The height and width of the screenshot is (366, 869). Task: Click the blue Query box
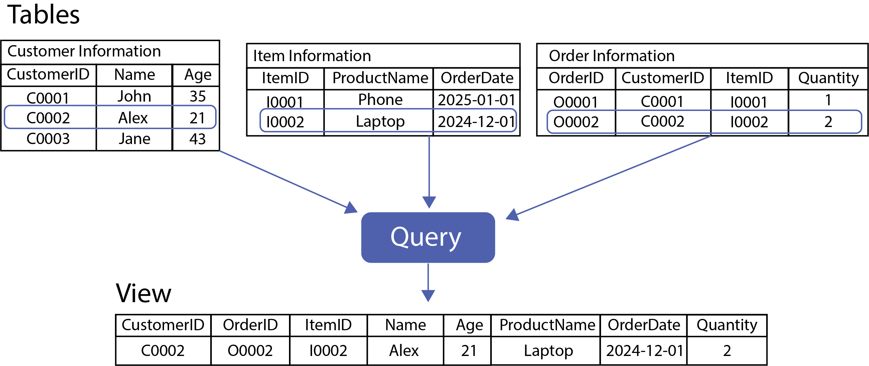click(x=428, y=237)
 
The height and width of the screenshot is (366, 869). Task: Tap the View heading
click(x=143, y=293)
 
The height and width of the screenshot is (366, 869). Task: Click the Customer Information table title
click(x=84, y=52)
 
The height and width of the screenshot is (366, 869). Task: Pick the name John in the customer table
click(x=134, y=97)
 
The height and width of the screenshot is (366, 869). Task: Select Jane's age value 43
click(x=197, y=139)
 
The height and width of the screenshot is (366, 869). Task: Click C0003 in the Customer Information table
click(x=48, y=139)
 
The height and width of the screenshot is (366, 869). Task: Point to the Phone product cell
click(x=380, y=100)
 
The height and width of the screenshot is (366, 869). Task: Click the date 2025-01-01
click(x=476, y=100)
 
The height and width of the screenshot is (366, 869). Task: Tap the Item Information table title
click(x=312, y=56)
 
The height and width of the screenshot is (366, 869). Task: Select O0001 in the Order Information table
click(x=576, y=102)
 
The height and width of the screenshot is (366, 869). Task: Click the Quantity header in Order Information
click(x=828, y=78)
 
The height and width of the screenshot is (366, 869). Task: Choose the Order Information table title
click(x=611, y=56)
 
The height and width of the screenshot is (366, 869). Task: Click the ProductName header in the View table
click(x=547, y=325)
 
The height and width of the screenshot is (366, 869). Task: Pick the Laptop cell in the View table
click(x=548, y=351)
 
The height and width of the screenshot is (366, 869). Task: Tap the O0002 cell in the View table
click(x=250, y=351)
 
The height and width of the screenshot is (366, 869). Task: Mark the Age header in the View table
click(x=469, y=325)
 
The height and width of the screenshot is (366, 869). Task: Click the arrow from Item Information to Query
click(x=429, y=169)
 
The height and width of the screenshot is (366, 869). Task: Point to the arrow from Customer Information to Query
click(x=287, y=181)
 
